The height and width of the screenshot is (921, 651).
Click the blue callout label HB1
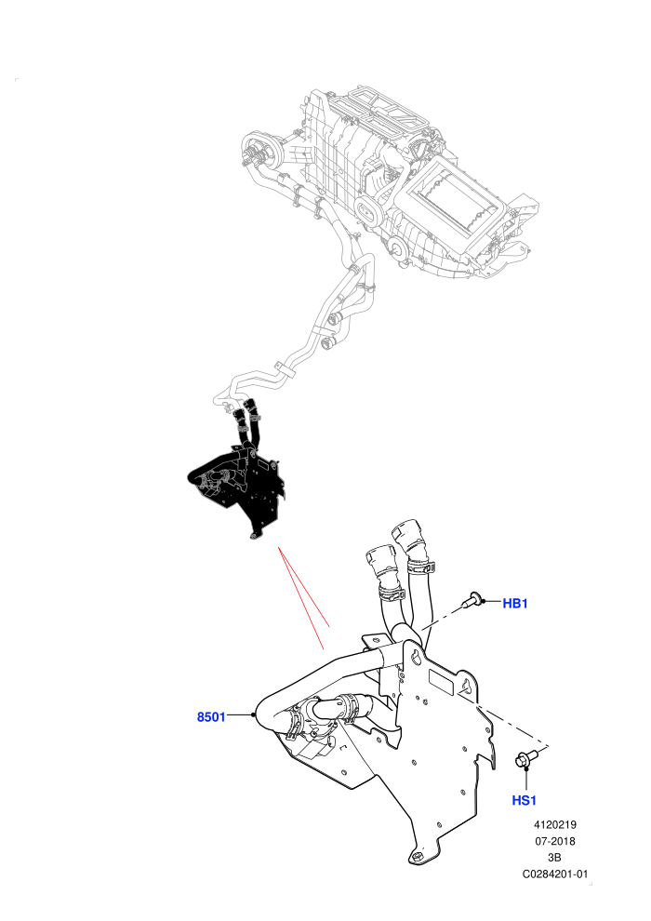click(515, 603)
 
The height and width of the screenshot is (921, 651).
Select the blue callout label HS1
click(524, 800)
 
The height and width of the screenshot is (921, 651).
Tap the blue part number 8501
click(211, 716)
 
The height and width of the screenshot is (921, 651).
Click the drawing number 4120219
click(554, 824)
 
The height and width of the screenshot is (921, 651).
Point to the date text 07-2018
click(554, 841)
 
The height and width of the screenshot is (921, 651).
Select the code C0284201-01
click(554, 874)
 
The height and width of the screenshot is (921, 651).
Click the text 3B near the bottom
click(554, 858)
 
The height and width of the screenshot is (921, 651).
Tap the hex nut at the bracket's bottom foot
click(417, 857)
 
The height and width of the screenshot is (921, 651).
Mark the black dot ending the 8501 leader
click(253, 714)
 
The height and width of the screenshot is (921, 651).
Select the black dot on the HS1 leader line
click(526, 767)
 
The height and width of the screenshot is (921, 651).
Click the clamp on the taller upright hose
click(421, 567)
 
